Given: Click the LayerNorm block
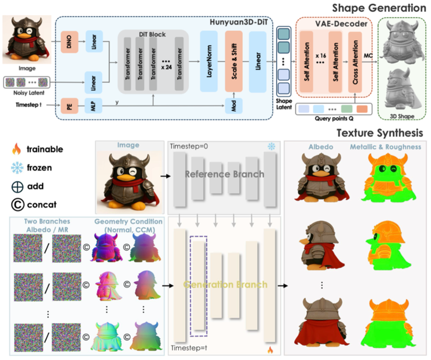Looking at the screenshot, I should click(209, 62).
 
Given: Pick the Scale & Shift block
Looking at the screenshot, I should click(234, 62).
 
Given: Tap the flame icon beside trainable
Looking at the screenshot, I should click(16, 150).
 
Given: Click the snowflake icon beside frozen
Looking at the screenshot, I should click(16, 168).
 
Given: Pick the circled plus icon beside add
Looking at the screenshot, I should click(16, 186).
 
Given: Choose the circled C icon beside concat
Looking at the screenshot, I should click(16, 205).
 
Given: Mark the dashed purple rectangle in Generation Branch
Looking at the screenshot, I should click(198, 286).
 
